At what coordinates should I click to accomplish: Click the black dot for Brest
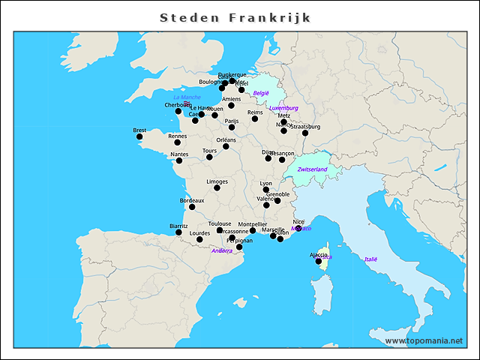point(139,136)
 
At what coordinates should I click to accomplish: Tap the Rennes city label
point(178,136)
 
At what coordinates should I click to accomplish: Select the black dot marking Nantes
point(178,160)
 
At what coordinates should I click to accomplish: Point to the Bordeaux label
point(192,200)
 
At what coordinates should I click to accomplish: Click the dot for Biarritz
point(178,232)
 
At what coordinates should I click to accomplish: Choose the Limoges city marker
point(217,187)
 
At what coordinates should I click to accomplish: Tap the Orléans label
point(226,139)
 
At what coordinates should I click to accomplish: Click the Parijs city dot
point(232,127)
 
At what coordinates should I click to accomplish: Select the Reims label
point(255,112)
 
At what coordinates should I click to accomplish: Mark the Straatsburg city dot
point(304,133)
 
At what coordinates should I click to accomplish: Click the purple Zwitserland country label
point(313,169)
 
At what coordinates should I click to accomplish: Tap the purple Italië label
point(370,259)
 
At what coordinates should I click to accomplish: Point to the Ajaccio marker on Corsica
point(319,261)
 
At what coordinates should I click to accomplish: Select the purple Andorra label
point(222,250)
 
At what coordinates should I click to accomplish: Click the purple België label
point(261,93)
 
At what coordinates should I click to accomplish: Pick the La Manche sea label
point(187,97)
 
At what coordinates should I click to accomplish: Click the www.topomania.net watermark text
point(424,340)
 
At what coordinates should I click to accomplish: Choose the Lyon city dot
point(266,190)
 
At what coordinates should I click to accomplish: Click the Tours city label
point(210,151)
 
